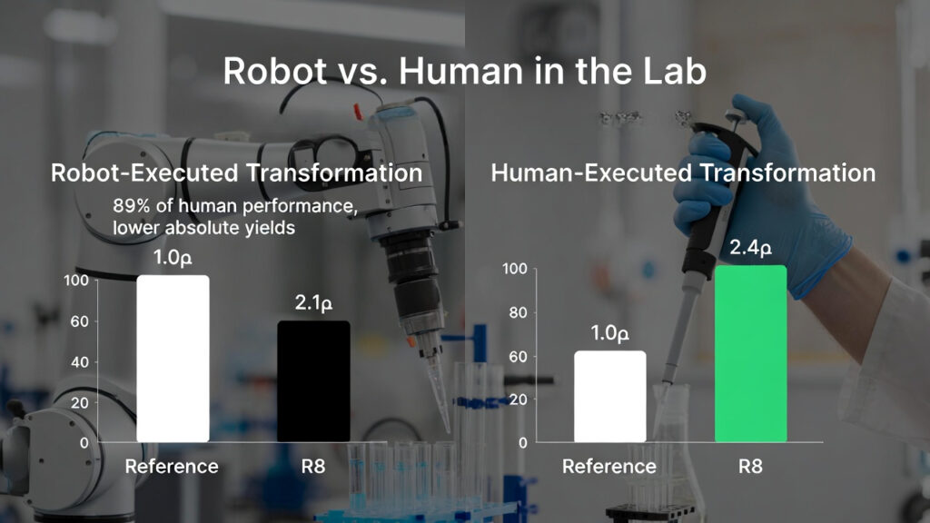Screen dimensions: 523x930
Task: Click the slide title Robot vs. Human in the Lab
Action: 464,72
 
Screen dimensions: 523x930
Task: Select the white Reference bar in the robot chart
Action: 173,359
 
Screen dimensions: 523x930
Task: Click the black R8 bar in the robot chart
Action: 313,381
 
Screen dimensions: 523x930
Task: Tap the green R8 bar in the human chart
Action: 750,353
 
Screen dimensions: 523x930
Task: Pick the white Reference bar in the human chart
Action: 609,397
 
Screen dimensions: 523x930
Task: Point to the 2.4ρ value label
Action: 750,248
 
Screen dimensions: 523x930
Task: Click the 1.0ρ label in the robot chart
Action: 173,258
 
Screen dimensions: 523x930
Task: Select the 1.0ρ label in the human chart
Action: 609,334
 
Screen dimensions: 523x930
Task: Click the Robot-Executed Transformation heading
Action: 236,173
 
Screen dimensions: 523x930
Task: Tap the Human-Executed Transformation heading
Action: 683,173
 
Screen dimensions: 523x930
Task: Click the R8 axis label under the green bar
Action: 750,467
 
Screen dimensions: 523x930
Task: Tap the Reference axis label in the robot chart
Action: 172,467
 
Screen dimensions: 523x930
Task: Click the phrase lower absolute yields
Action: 204,228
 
